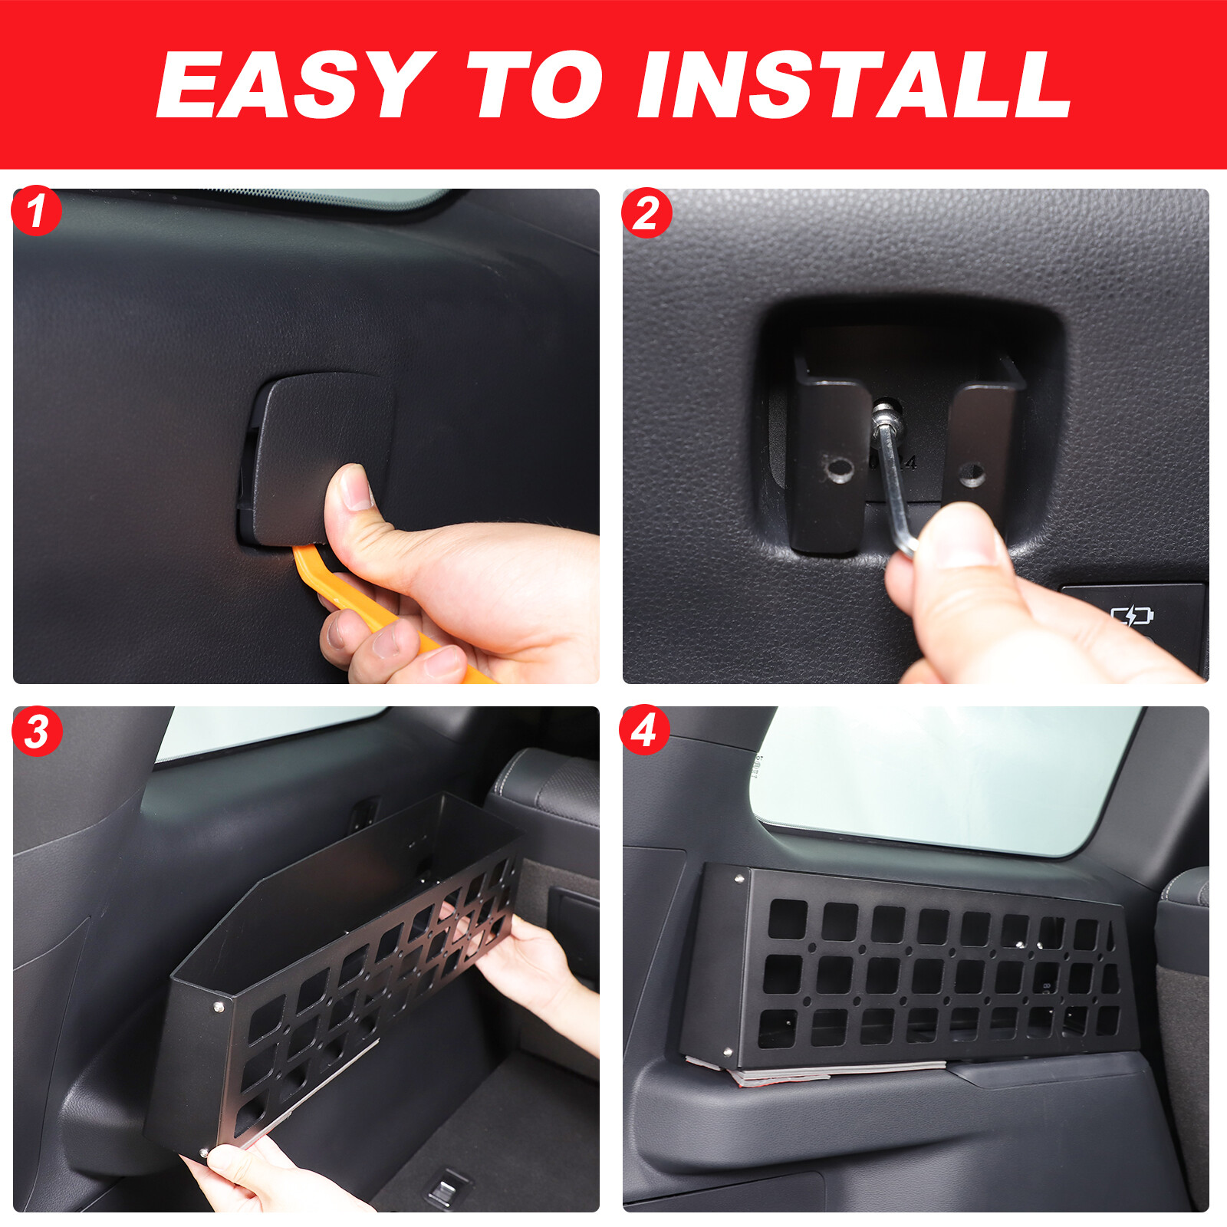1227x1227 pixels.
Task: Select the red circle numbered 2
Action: (x=646, y=212)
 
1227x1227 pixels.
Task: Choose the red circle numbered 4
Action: (x=644, y=729)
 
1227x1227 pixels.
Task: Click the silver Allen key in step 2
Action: (x=893, y=491)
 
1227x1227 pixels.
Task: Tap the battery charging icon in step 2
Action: (x=1132, y=615)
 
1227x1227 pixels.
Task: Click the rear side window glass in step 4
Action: (x=943, y=775)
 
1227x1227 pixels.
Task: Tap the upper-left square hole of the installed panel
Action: (x=788, y=919)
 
